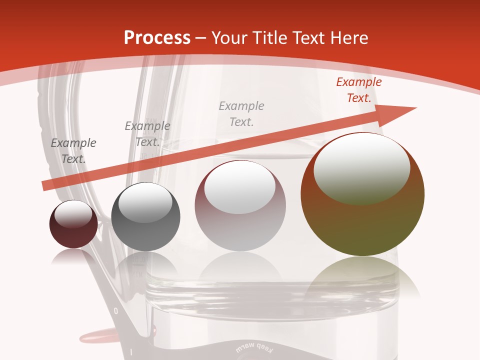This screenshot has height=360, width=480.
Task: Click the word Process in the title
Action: click(157, 38)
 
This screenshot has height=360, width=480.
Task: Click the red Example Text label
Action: click(358, 90)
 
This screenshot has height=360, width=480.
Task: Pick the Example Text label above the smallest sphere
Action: click(73, 151)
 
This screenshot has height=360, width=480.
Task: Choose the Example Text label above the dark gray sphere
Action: click(147, 134)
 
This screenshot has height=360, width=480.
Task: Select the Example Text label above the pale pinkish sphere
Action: click(241, 113)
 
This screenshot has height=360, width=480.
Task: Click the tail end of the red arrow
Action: click(45, 185)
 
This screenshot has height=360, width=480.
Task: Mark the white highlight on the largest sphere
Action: click(361, 167)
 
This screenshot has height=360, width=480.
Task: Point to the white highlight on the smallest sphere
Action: click(73, 213)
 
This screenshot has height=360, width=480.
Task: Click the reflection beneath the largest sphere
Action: click(362, 280)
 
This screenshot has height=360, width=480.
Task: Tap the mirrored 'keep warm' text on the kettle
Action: click(252, 346)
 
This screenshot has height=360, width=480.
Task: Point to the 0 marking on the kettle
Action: click(116, 311)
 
